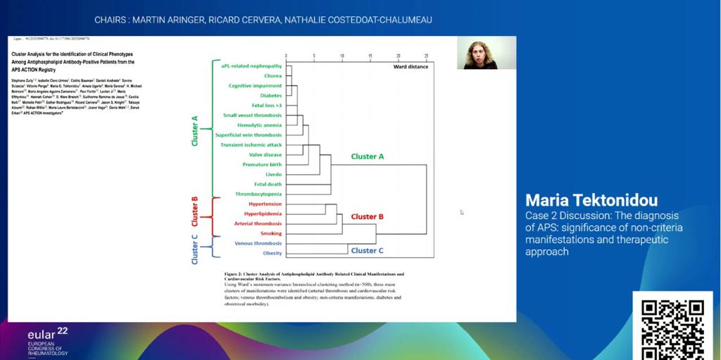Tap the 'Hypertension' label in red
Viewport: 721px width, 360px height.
click(x=265, y=204)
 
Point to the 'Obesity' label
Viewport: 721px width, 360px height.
click(x=272, y=253)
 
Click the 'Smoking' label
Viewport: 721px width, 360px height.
click(x=270, y=233)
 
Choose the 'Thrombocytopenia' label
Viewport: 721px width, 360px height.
click(x=258, y=194)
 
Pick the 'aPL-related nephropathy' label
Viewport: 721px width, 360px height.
click(x=251, y=66)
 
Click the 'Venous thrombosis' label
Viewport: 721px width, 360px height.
click(x=258, y=243)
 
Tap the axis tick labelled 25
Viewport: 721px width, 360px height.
click(x=426, y=56)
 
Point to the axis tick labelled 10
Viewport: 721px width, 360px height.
click(x=342, y=56)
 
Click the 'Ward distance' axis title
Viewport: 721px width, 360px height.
click(x=410, y=67)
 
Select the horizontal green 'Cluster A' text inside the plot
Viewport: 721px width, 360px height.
click(x=367, y=156)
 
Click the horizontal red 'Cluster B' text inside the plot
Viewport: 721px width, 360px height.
click(x=367, y=216)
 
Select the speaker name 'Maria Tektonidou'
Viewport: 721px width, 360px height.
click(x=591, y=199)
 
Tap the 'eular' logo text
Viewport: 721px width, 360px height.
click(x=42, y=335)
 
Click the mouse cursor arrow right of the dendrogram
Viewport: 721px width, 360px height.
click(x=462, y=211)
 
